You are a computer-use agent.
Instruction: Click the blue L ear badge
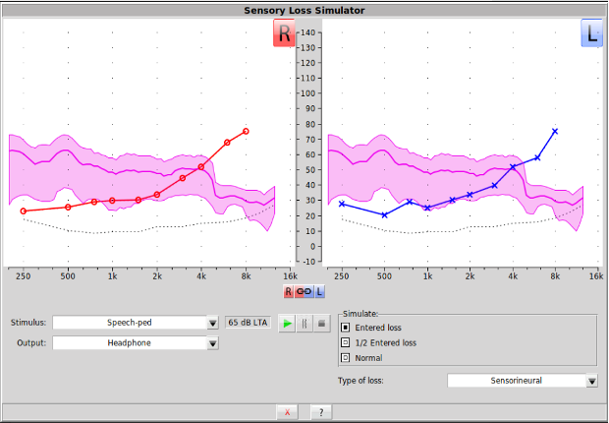point(592,33)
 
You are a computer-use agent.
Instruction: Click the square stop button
point(321,323)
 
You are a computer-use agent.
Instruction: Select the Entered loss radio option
point(346,327)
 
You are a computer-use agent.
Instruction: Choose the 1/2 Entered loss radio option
point(346,342)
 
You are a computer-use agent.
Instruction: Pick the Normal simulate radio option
point(346,357)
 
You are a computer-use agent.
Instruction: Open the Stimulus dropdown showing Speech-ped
point(136,323)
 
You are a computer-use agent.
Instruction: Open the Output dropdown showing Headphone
point(136,343)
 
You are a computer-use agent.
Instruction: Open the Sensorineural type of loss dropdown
point(523,381)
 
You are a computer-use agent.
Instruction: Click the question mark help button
point(319,412)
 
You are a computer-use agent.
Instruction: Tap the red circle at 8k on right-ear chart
point(246,131)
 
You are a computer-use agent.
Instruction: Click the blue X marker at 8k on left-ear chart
point(555,131)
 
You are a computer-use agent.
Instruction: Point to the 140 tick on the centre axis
point(308,32)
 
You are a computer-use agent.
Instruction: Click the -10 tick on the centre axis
point(308,261)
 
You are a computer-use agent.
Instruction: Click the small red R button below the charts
point(289,292)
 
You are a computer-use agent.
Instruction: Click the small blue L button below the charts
point(319,292)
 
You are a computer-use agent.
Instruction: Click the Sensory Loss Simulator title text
point(304,10)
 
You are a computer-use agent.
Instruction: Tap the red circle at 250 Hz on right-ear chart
point(24,211)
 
